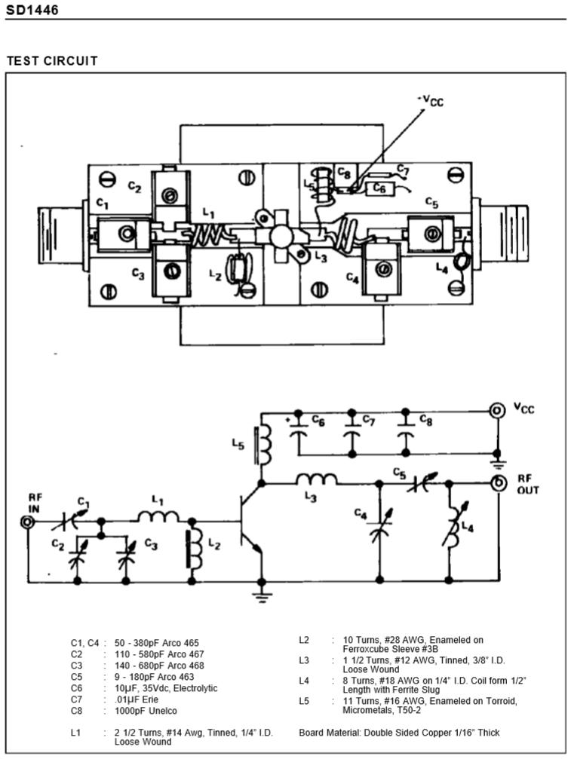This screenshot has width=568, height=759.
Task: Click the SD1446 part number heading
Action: point(32,10)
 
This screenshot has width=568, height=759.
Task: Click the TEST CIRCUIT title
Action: point(52,61)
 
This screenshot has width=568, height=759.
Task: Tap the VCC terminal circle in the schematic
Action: point(497,411)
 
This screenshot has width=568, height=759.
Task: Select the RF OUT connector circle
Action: point(498,483)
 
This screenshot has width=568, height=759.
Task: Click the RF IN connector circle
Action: point(28,522)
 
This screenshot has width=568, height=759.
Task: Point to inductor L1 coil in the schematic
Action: point(158,517)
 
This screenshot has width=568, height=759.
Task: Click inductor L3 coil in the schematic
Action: point(317,479)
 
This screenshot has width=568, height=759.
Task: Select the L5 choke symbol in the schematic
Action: point(263,445)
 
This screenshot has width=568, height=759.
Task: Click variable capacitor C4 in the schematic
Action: point(379,526)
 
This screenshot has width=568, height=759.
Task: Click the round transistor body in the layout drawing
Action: point(281,236)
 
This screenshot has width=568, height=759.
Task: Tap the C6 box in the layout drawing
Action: point(379,188)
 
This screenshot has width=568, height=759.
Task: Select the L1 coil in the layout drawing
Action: point(209,234)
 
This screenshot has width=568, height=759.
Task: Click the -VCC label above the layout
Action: point(431,101)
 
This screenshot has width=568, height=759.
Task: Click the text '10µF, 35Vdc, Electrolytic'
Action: point(166,688)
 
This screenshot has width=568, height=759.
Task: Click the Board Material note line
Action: point(399,733)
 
